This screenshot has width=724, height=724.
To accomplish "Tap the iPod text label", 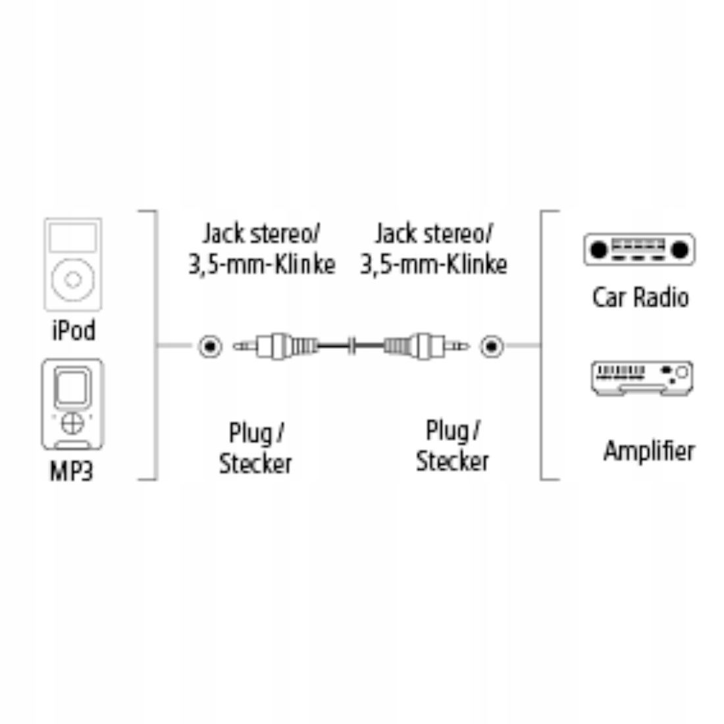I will [73, 330].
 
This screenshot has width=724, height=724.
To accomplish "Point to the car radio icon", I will [638, 249].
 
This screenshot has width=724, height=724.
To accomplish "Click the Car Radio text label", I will [640, 297].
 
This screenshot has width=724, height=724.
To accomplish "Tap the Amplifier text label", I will [649, 452].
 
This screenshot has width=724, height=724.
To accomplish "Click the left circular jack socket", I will [210, 345].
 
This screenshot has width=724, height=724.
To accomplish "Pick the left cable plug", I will [276, 344].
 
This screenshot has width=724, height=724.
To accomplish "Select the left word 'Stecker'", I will [255, 463].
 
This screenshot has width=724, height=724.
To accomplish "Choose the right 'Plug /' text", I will [453, 431].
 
